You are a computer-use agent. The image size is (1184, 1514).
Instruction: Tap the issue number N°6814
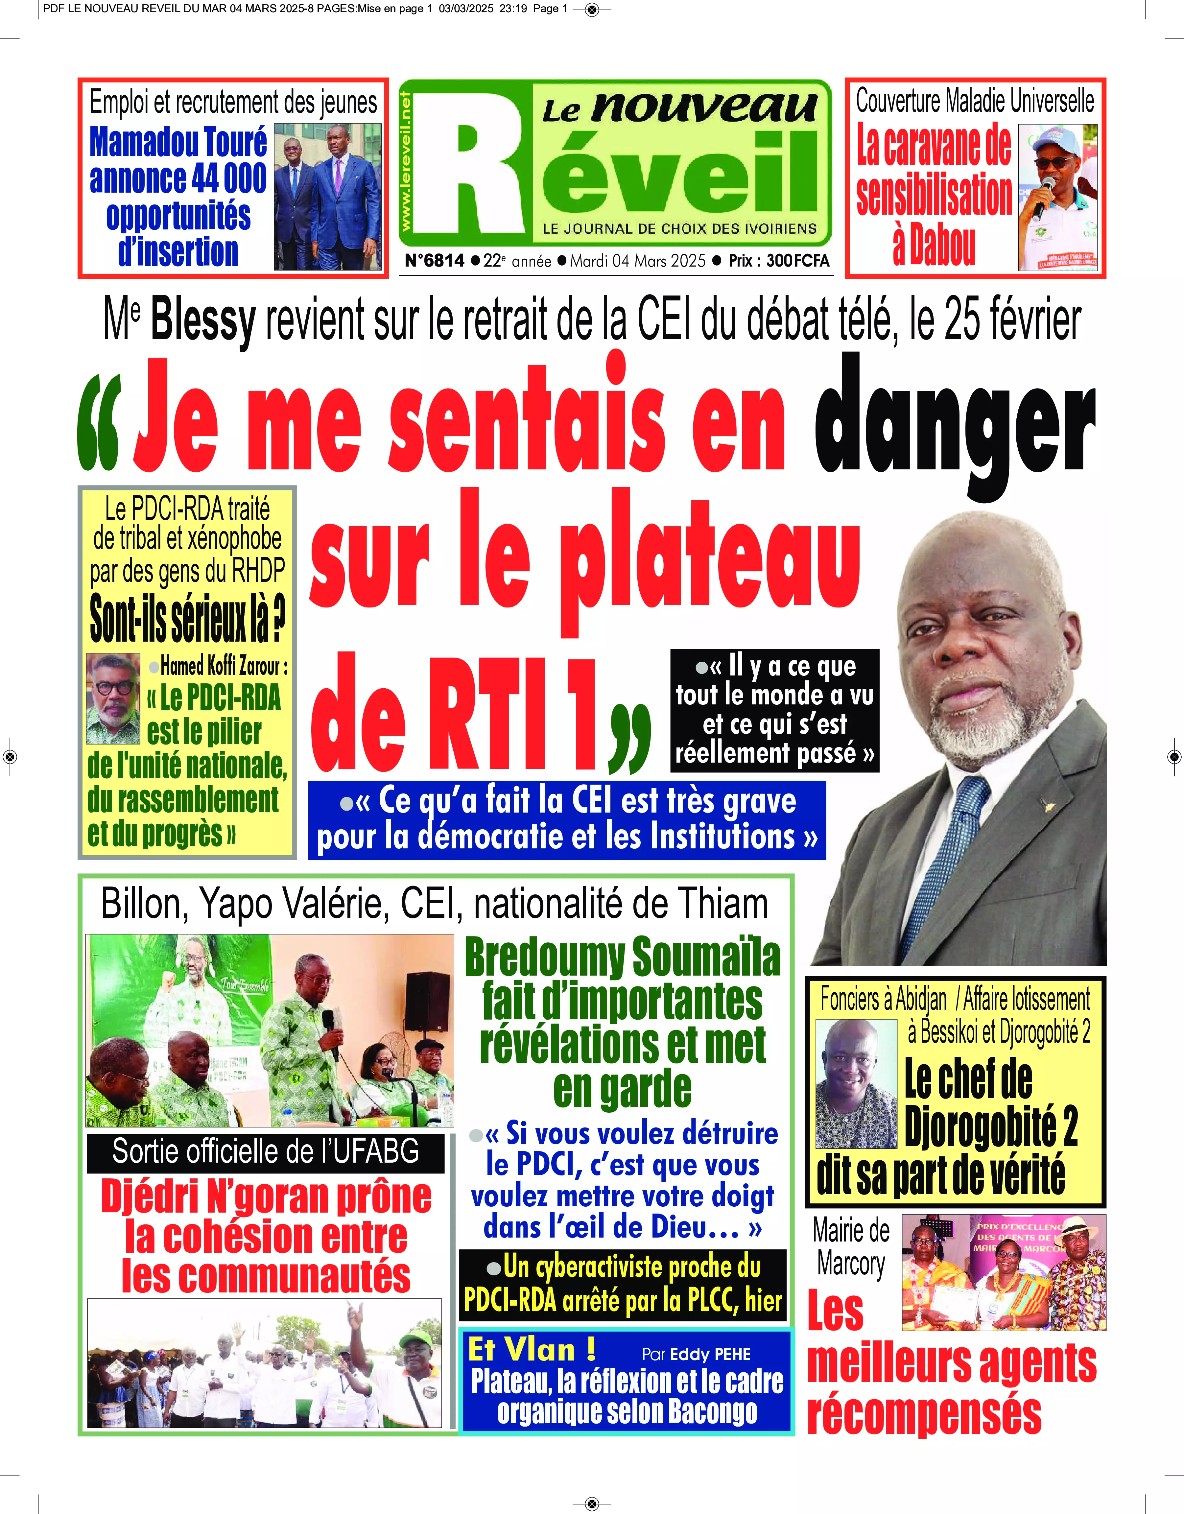click(x=435, y=261)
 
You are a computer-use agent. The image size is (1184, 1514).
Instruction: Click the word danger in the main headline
click(x=953, y=423)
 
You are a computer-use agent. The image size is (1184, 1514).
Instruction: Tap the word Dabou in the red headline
click(x=934, y=244)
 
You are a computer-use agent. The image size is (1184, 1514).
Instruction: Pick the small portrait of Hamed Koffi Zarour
click(x=112, y=698)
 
